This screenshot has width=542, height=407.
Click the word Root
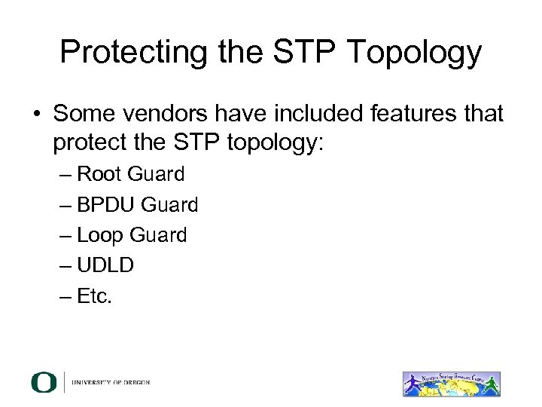pyautogui.click(x=100, y=174)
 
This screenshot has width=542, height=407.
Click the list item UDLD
pyautogui.click(x=105, y=266)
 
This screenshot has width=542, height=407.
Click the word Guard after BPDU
pyautogui.click(x=170, y=205)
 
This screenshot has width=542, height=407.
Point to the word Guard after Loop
pyautogui.click(x=158, y=236)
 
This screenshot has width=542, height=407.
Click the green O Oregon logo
pyautogui.click(x=44, y=382)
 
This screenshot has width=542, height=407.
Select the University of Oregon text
pyautogui.click(x=111, y=383)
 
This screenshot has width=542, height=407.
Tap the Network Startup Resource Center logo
pyautogui.click(x=452, y=382)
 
